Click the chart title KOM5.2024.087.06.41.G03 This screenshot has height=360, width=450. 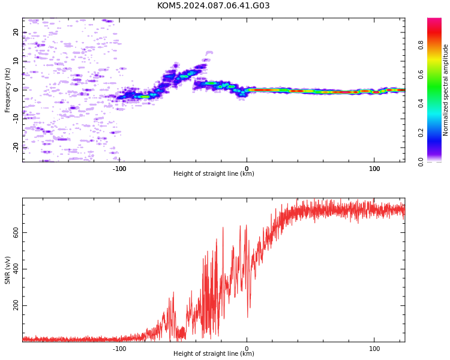(213, 5)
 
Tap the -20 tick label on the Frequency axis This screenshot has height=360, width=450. (16, 148)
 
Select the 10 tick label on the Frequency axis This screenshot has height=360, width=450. (16, 61)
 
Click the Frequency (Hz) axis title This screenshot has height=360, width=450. (7, 90)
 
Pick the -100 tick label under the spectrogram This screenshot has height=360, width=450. (119, 169)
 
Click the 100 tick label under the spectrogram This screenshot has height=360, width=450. (374, 169)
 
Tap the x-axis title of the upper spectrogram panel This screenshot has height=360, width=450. (214, 173)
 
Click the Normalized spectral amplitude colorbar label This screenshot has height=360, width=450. (445, 90)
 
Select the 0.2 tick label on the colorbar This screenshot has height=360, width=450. (421, 133)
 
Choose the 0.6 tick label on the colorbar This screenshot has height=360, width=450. (421, 74)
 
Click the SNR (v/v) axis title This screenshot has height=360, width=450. (7, 270)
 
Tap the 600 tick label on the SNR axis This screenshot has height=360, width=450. (16, 232)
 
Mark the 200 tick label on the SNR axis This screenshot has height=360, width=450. (16, 305)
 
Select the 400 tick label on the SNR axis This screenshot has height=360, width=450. (16, 269)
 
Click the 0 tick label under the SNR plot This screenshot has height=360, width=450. (247, 349)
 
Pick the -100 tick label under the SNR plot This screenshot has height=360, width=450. (119, 349)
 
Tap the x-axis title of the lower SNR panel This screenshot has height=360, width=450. (214, 353)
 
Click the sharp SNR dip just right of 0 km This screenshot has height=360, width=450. (248, 317)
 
